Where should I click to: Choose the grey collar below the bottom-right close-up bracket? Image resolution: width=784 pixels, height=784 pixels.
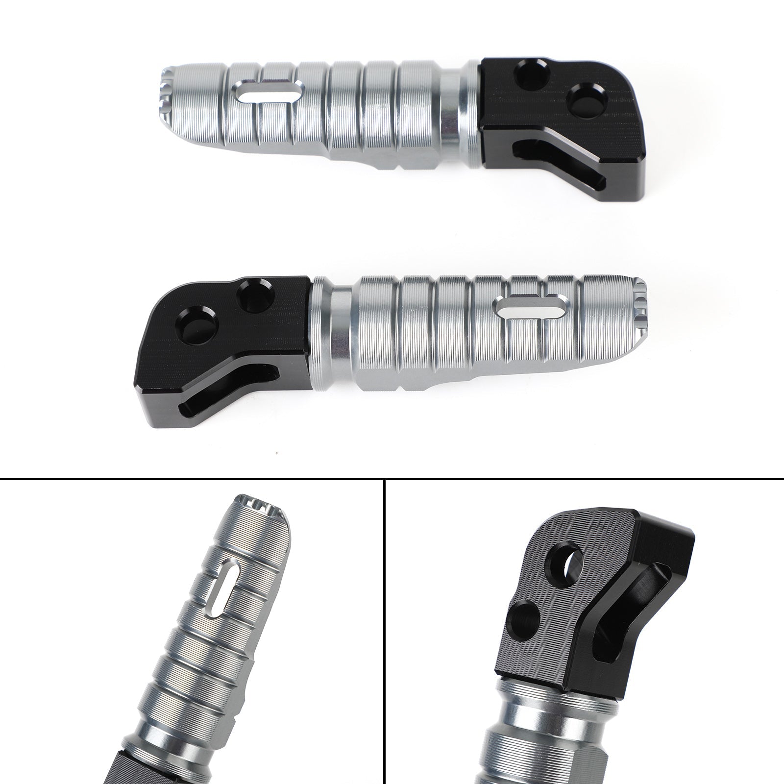point(529,715)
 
